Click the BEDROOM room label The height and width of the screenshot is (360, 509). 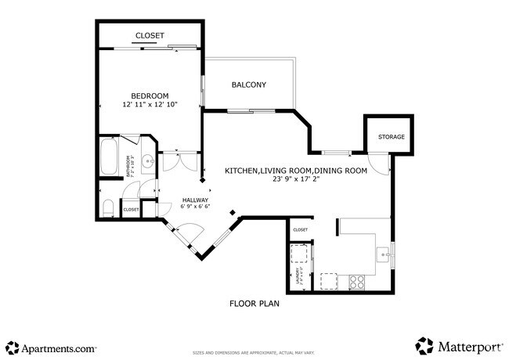[x=149, y=95]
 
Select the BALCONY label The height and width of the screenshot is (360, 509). [x=249, y=85]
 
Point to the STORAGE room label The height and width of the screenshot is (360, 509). [x=392, y=137]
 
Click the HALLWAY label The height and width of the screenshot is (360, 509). [x=195, y=200]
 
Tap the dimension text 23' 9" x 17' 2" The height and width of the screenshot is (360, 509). [x=296, y=179]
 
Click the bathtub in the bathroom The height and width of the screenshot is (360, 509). [x=109, y=157]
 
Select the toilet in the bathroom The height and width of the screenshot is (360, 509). [x=110, y=208]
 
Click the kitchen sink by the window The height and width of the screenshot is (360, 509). [x=382, y=254]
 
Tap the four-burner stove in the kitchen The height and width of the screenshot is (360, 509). [x=356, y=279]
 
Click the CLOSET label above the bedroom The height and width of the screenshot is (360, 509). [x=150, y=36]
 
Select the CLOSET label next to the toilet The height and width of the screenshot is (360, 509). [x=130, y=210]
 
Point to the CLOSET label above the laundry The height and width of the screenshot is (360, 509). [x=300, y=230]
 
